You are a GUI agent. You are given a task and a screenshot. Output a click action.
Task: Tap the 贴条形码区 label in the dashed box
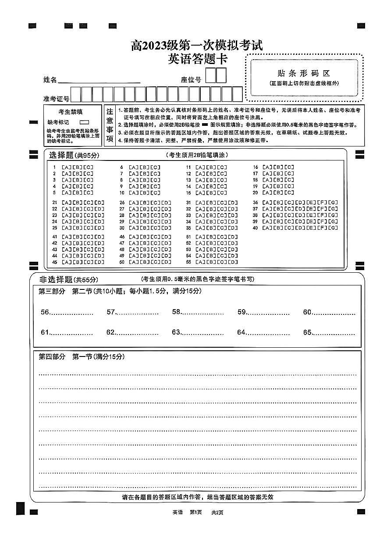click(304, 73)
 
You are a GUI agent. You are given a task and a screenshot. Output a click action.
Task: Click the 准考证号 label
click(56, 99)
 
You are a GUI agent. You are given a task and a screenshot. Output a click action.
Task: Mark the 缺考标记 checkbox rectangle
click(84, 122)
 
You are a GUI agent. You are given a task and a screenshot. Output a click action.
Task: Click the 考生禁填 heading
click(70, 112)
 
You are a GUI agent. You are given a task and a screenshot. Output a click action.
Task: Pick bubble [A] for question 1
click(66, 167)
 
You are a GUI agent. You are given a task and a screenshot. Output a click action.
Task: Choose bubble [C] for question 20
click(289, 192)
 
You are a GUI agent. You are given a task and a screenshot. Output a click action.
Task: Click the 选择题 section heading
click(61, 155)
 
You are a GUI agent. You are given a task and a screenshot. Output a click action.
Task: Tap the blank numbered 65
click(333, 333)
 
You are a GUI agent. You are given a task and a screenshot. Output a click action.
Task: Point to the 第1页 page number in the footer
click(195, 512)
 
